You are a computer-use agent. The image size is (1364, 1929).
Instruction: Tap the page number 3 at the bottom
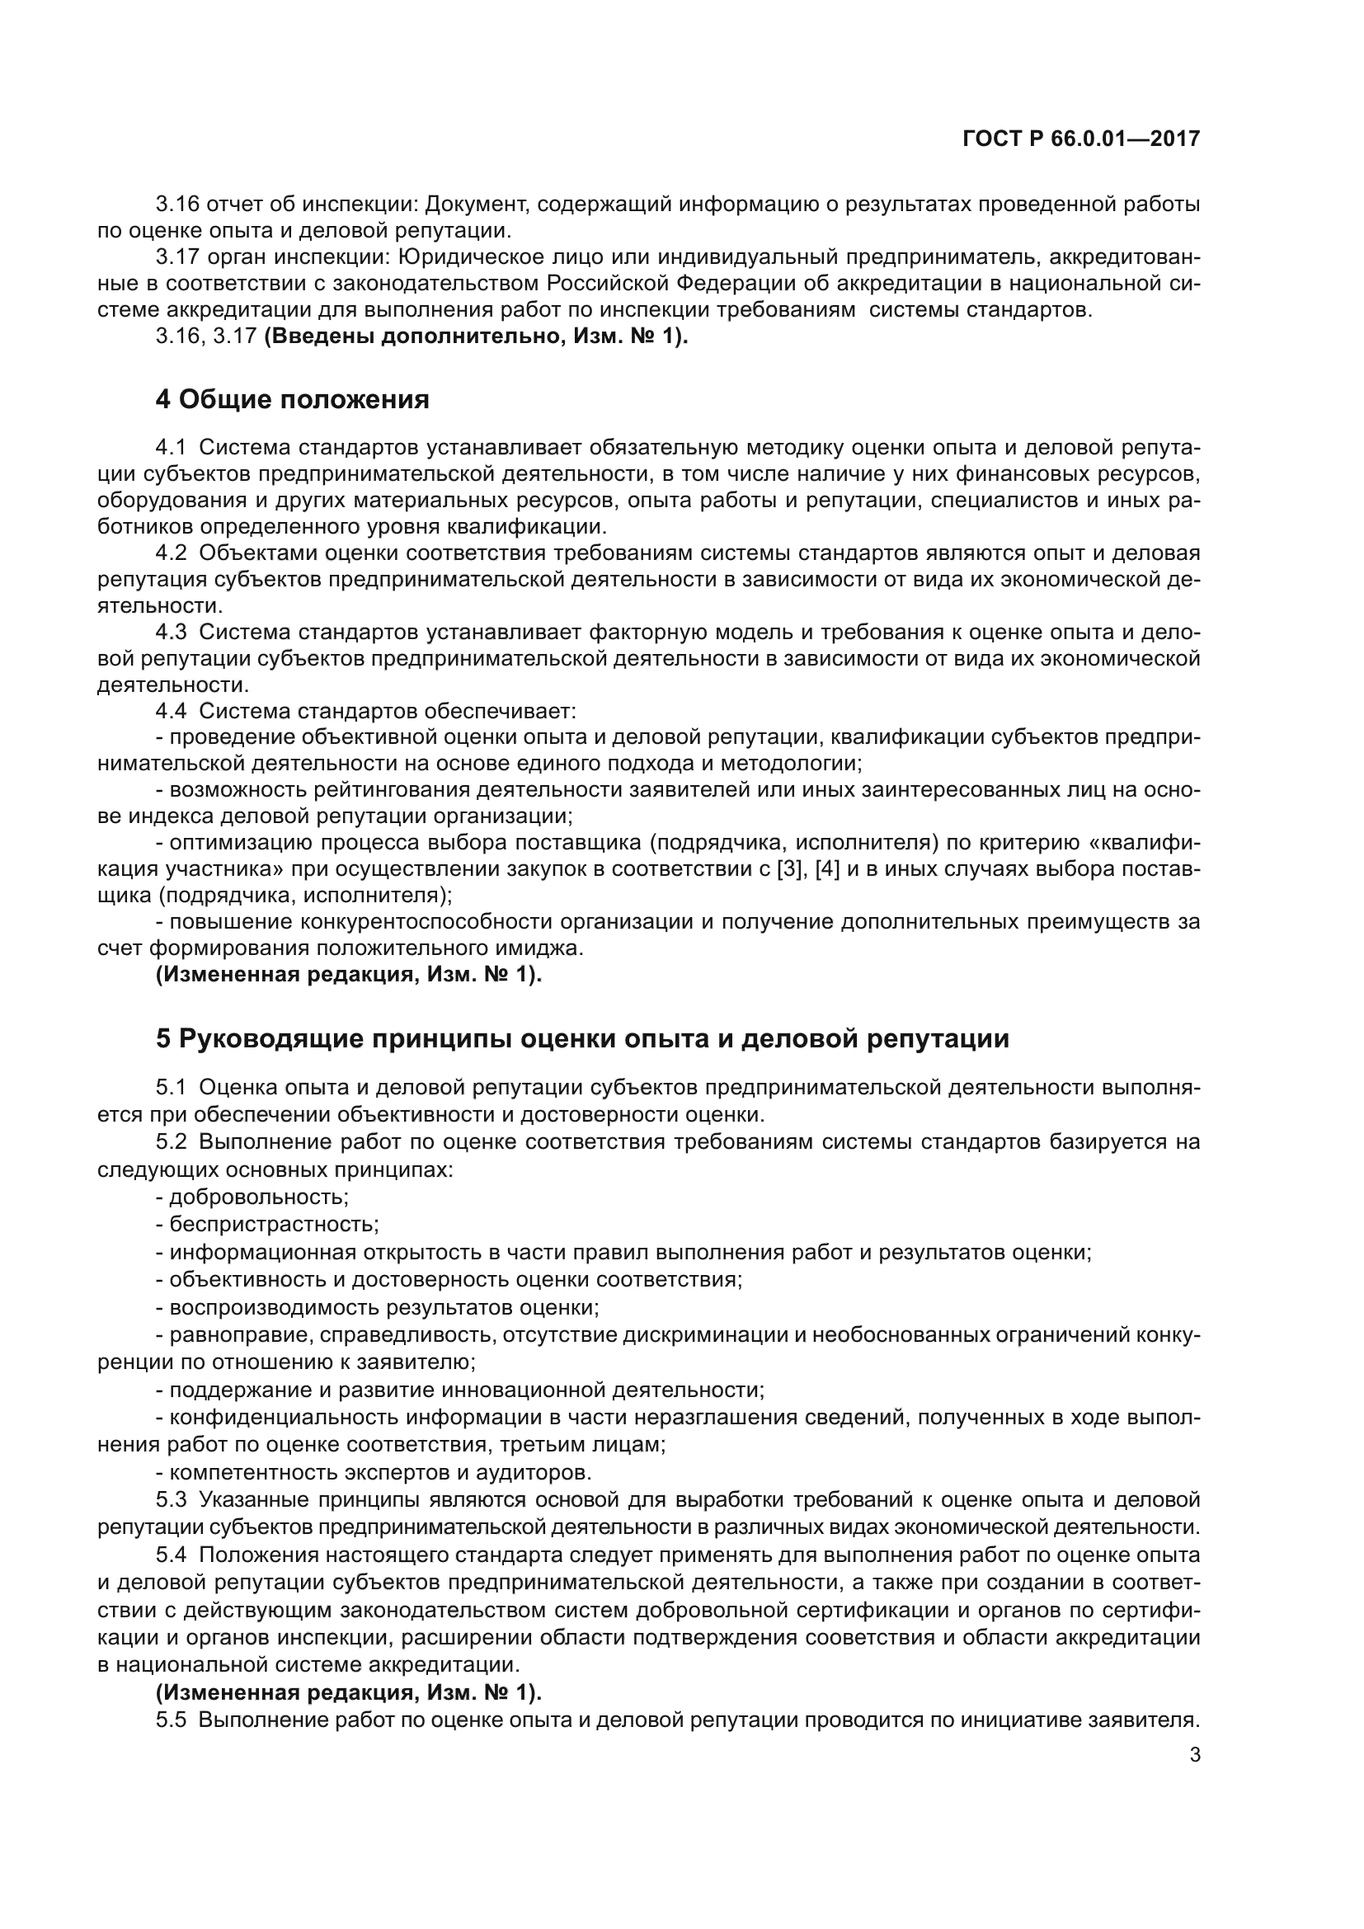pyautogui.click(x=1194, y=1755)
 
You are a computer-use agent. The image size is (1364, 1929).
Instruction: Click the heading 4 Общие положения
pyautogui.click(x=292, y=400)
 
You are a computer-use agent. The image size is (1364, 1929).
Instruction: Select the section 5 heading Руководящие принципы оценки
pyautogui.click(x=582, y=1039)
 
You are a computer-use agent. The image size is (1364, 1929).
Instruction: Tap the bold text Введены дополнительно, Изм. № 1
pyautogui.click(x=475, y=337)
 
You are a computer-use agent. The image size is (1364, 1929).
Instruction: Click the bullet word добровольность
pyautogui.click(x=258, y=1197)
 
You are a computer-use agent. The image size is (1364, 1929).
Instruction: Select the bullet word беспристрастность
pyautogui.click(x=274, y=1224)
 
